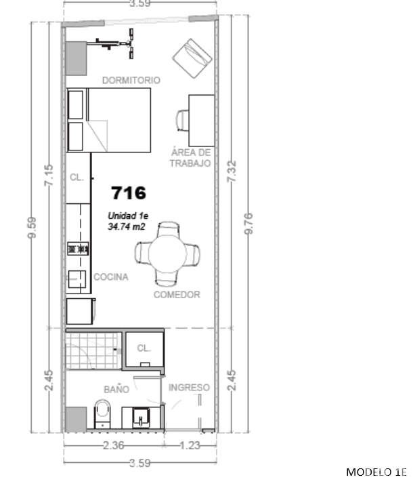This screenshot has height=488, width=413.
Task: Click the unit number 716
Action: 129,193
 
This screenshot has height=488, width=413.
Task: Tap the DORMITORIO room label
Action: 131,80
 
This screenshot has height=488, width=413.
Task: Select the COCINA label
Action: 110,277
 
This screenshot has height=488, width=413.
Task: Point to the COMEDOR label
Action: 177,295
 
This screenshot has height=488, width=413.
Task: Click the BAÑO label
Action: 116,390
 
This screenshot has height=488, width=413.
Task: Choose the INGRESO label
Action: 189,388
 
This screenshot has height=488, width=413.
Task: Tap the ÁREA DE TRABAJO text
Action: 190,158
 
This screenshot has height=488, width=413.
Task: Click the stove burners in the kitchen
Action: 79,249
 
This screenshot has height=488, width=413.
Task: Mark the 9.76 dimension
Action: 248,223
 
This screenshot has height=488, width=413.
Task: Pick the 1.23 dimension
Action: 190,446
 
